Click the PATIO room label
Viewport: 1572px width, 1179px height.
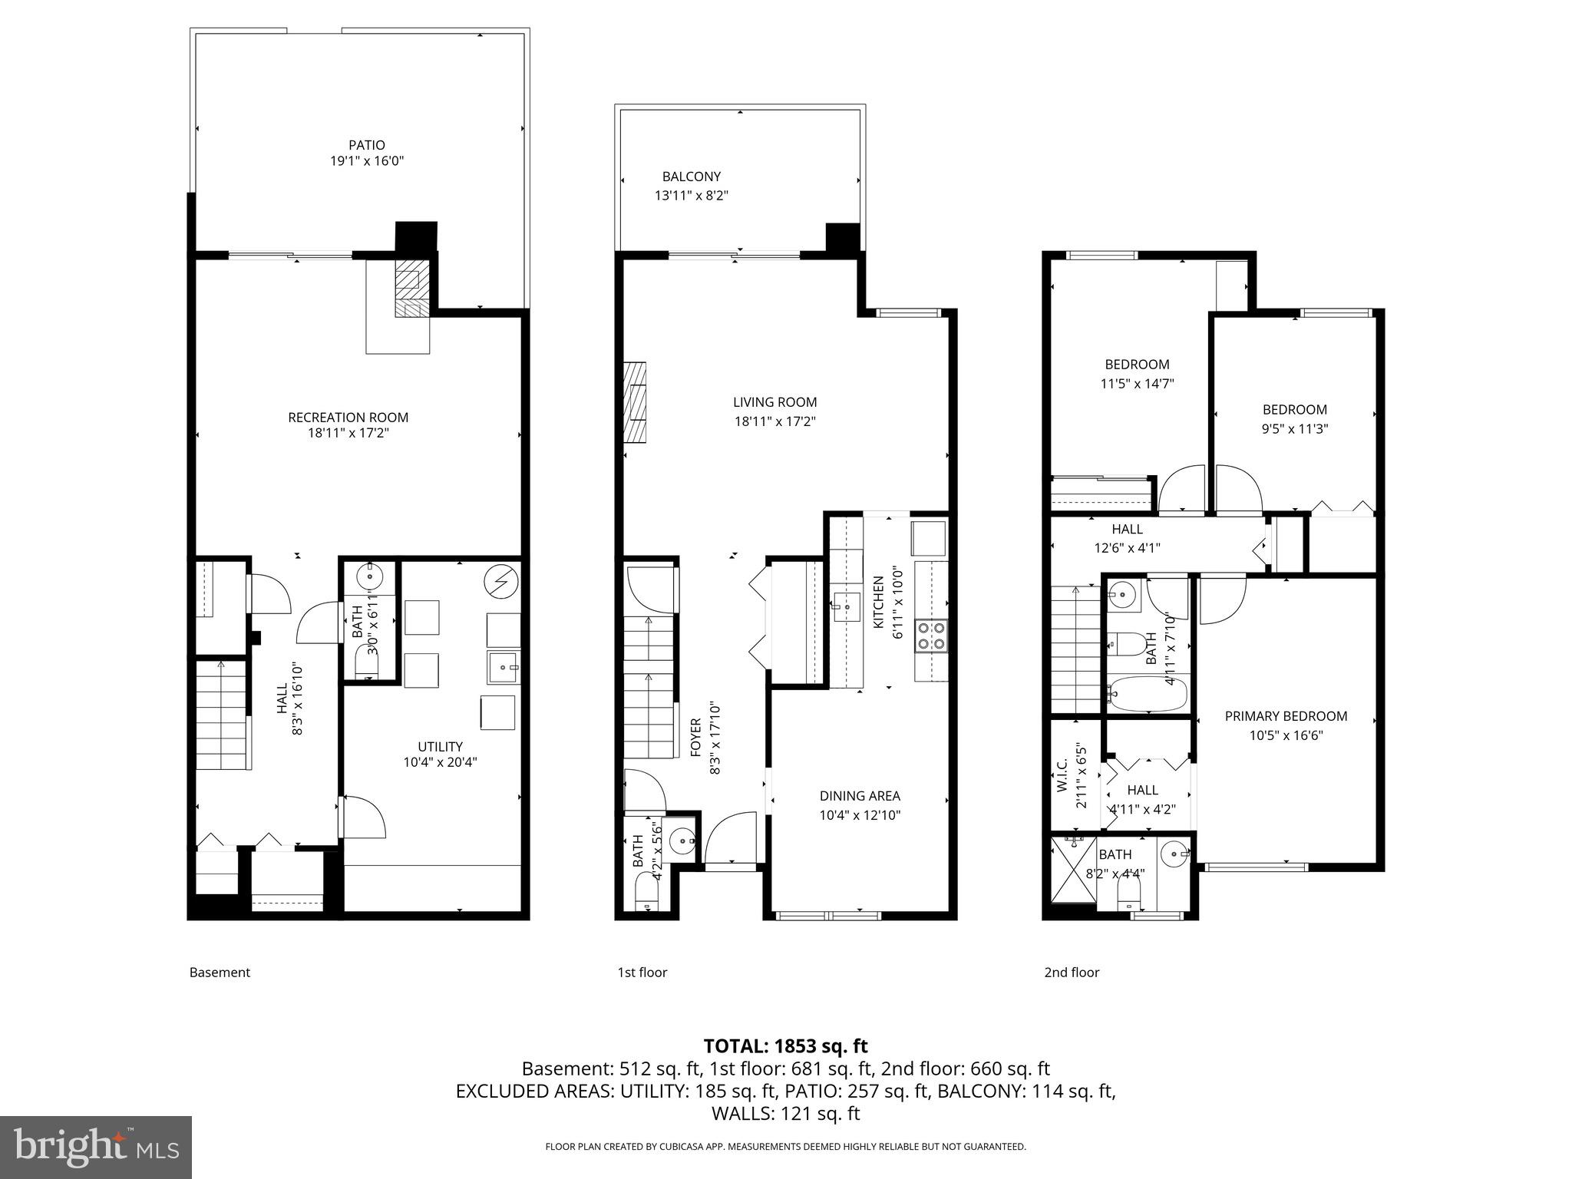pos(366,145)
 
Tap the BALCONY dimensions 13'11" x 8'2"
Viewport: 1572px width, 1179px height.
pos(691,196)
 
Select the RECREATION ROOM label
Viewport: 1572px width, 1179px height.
pos(348,418)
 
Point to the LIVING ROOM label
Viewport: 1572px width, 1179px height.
pos(774,402)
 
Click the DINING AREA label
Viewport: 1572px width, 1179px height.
pos(859,796)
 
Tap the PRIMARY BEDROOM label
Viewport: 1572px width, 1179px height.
pos(1286,716)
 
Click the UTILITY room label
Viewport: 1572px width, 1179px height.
pos(440,746)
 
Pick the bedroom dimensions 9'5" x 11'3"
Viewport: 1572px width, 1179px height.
pos(1295,429)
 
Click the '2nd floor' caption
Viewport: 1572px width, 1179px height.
pos(1072,973)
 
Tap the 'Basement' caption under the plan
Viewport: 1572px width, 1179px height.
pos(220,973)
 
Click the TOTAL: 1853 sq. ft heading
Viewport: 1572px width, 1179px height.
pos(785,1045)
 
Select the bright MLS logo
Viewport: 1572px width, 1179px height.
pos(96,1147)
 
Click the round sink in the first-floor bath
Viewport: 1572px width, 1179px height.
pos(681,841)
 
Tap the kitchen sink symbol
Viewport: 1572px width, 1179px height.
pos(847,607)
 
